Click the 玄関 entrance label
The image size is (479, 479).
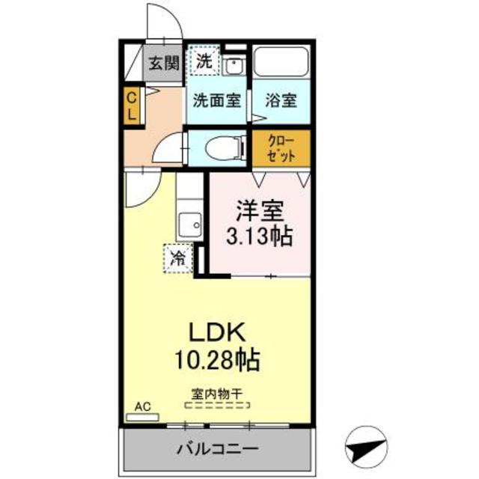[164, 63]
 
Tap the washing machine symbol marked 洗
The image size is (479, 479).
[204, 60]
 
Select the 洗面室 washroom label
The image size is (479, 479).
[216, 100]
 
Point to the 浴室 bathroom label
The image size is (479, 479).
[281, 100]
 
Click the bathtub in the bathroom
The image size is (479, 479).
[281, 61]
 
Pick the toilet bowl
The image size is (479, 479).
[223, 148]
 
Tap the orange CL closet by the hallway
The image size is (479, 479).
[132, 106]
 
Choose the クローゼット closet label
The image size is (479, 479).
[281, 148]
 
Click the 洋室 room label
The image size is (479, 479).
[260, 210]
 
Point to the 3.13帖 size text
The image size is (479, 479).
[260, 236]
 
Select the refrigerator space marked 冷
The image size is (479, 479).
[178, 258]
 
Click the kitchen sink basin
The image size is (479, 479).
[189, 225]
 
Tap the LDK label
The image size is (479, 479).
[217, 332]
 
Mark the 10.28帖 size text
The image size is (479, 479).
[217, 360]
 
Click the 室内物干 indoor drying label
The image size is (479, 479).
[217, 394]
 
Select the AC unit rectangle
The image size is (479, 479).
[142, 417]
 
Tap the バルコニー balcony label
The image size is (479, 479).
[218, 449]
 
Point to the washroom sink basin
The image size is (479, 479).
[234, 66]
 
